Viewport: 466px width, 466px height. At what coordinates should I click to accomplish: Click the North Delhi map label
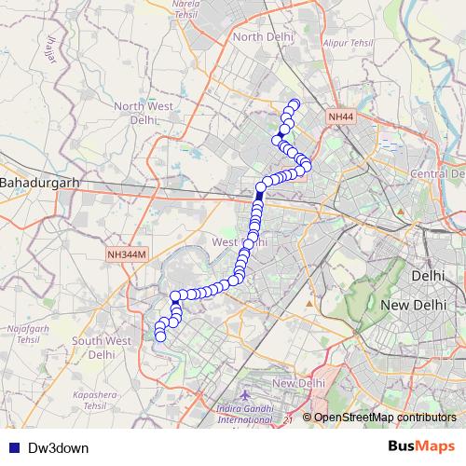click(x=263, y=35)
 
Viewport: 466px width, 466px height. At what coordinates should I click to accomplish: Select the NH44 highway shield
click(x=341, y=117)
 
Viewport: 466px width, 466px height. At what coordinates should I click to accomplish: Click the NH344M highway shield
click(x=127, y=254)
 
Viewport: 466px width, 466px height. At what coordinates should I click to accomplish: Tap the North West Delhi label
click(x=144, y=113)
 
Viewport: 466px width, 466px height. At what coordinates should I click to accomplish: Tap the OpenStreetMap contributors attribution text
click(x=384, y=418)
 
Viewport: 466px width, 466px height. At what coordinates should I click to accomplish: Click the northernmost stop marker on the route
click(x=295, y=104)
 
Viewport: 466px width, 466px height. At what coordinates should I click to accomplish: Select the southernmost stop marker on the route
click(x=160, y=336)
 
